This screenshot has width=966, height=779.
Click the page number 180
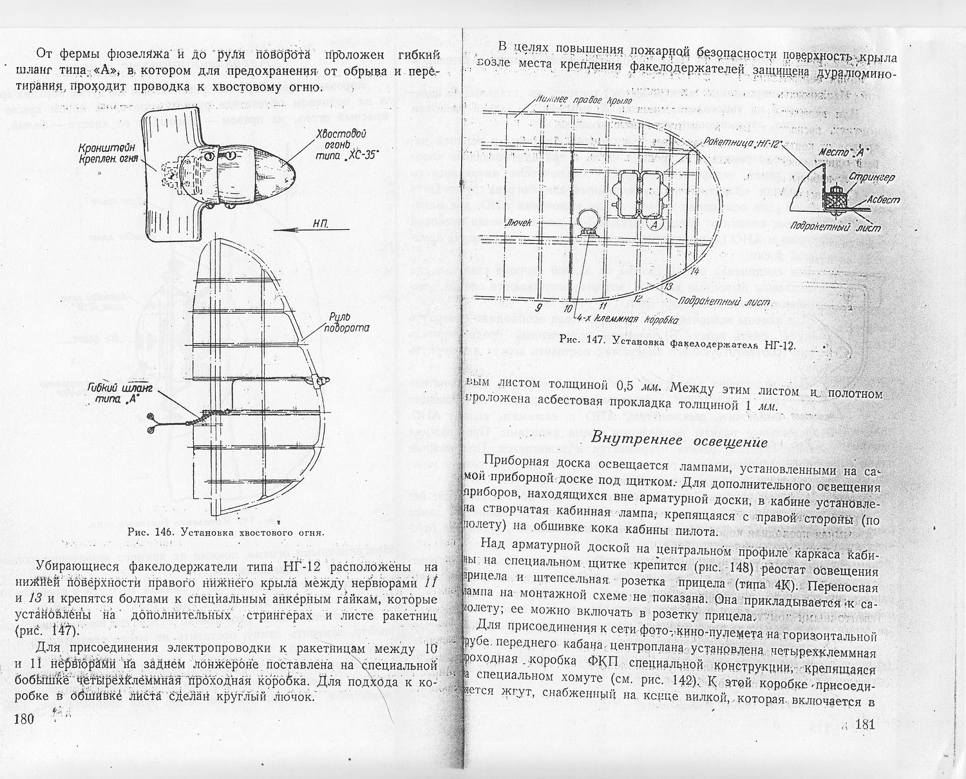point(23,721)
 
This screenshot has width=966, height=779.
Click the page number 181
point(863,725)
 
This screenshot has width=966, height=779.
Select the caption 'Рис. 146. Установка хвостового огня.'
point(226,532)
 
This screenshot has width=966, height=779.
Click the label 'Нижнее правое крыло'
point(583,100)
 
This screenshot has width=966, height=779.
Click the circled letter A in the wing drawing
point(653,225)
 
